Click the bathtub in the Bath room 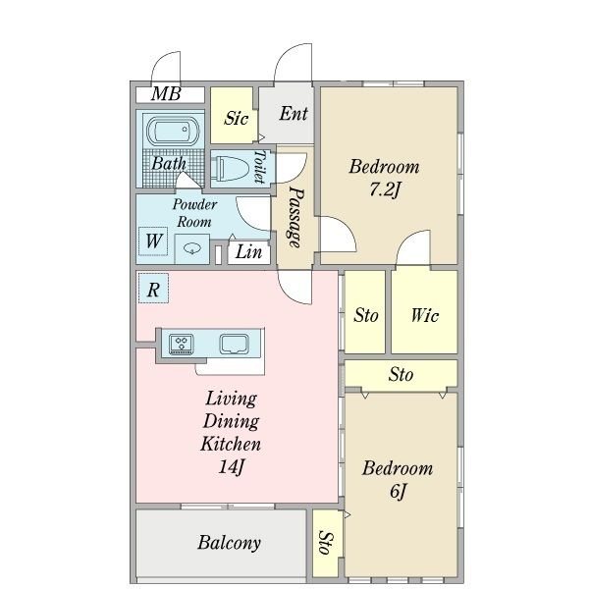[173, 131]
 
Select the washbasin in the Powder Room [192, 248]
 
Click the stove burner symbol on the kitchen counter [182, 344]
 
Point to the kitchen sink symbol [234, 344]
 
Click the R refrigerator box [153, 288]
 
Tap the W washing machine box [153, 241]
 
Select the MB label [166, 94]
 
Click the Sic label [236, 118]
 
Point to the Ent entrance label [294, 113]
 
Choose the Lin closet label [248, 251]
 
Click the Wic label [424, 315]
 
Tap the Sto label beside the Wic [365, 315]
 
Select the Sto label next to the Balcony [326, 542]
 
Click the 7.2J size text [384, 188]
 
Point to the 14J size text [231, 467]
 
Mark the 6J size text [398, 491]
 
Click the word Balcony [229, 543]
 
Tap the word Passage [296, 218]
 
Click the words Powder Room [194, 213]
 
